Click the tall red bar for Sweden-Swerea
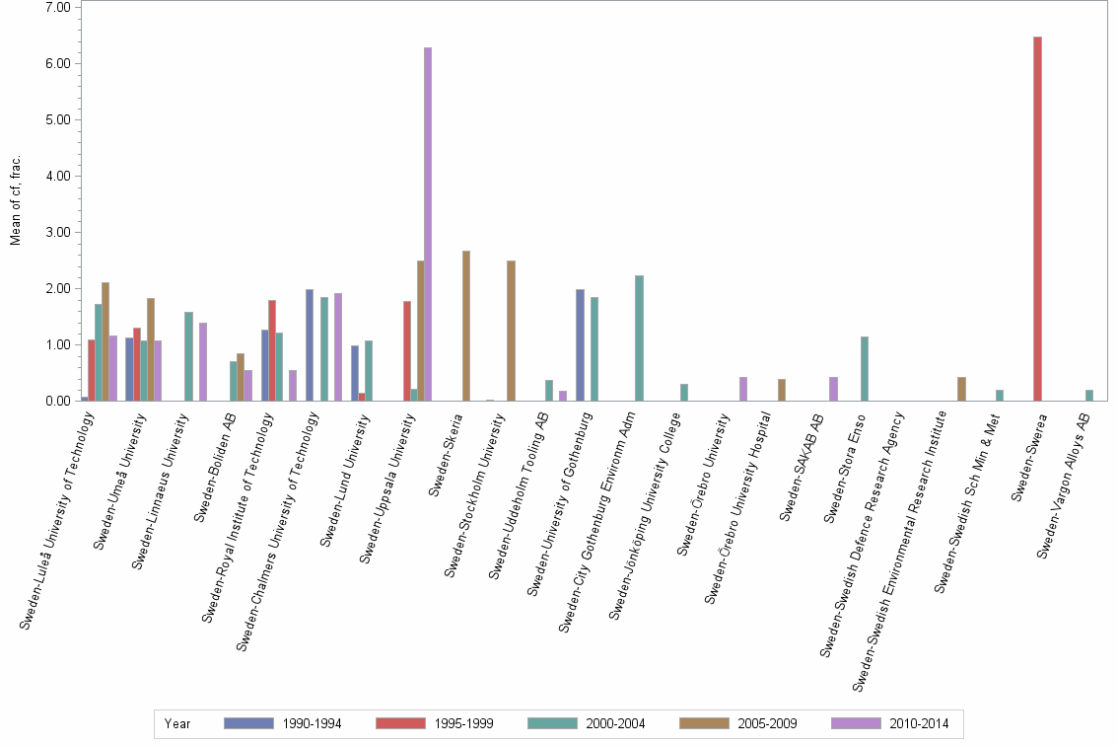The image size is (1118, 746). [x=1037, y=219]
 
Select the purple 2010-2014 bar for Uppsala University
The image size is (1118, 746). [x=428, y=224]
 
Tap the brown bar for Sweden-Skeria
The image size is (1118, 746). [x=465, y=326]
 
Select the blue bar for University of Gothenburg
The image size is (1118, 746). [x=580, y=345]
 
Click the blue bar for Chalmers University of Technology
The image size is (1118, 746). [x=310, y=345]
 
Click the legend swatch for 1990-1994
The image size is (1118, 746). [x=248, y=723]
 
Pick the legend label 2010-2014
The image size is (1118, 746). [x=919, y=723]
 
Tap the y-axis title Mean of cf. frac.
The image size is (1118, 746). [x=15, y=200]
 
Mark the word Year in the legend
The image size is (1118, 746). [x=177, y=723]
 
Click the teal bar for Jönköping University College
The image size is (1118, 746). [x=684, y=393]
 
